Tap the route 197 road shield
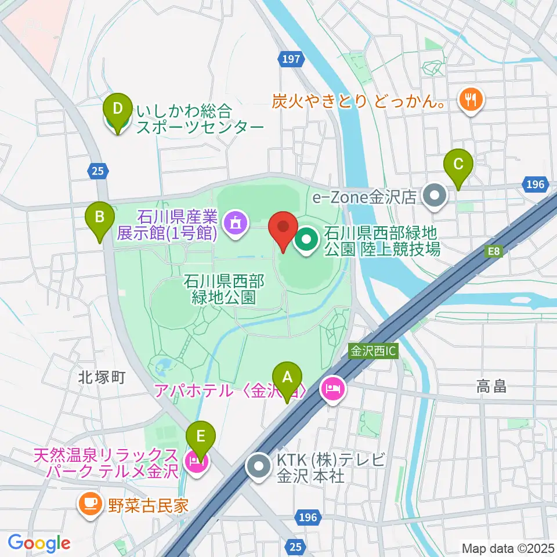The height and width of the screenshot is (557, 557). point(292,59)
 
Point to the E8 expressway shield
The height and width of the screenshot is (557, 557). point(493,251)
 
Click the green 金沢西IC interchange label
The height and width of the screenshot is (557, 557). point(374,351)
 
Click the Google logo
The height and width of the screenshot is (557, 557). point(39,543)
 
